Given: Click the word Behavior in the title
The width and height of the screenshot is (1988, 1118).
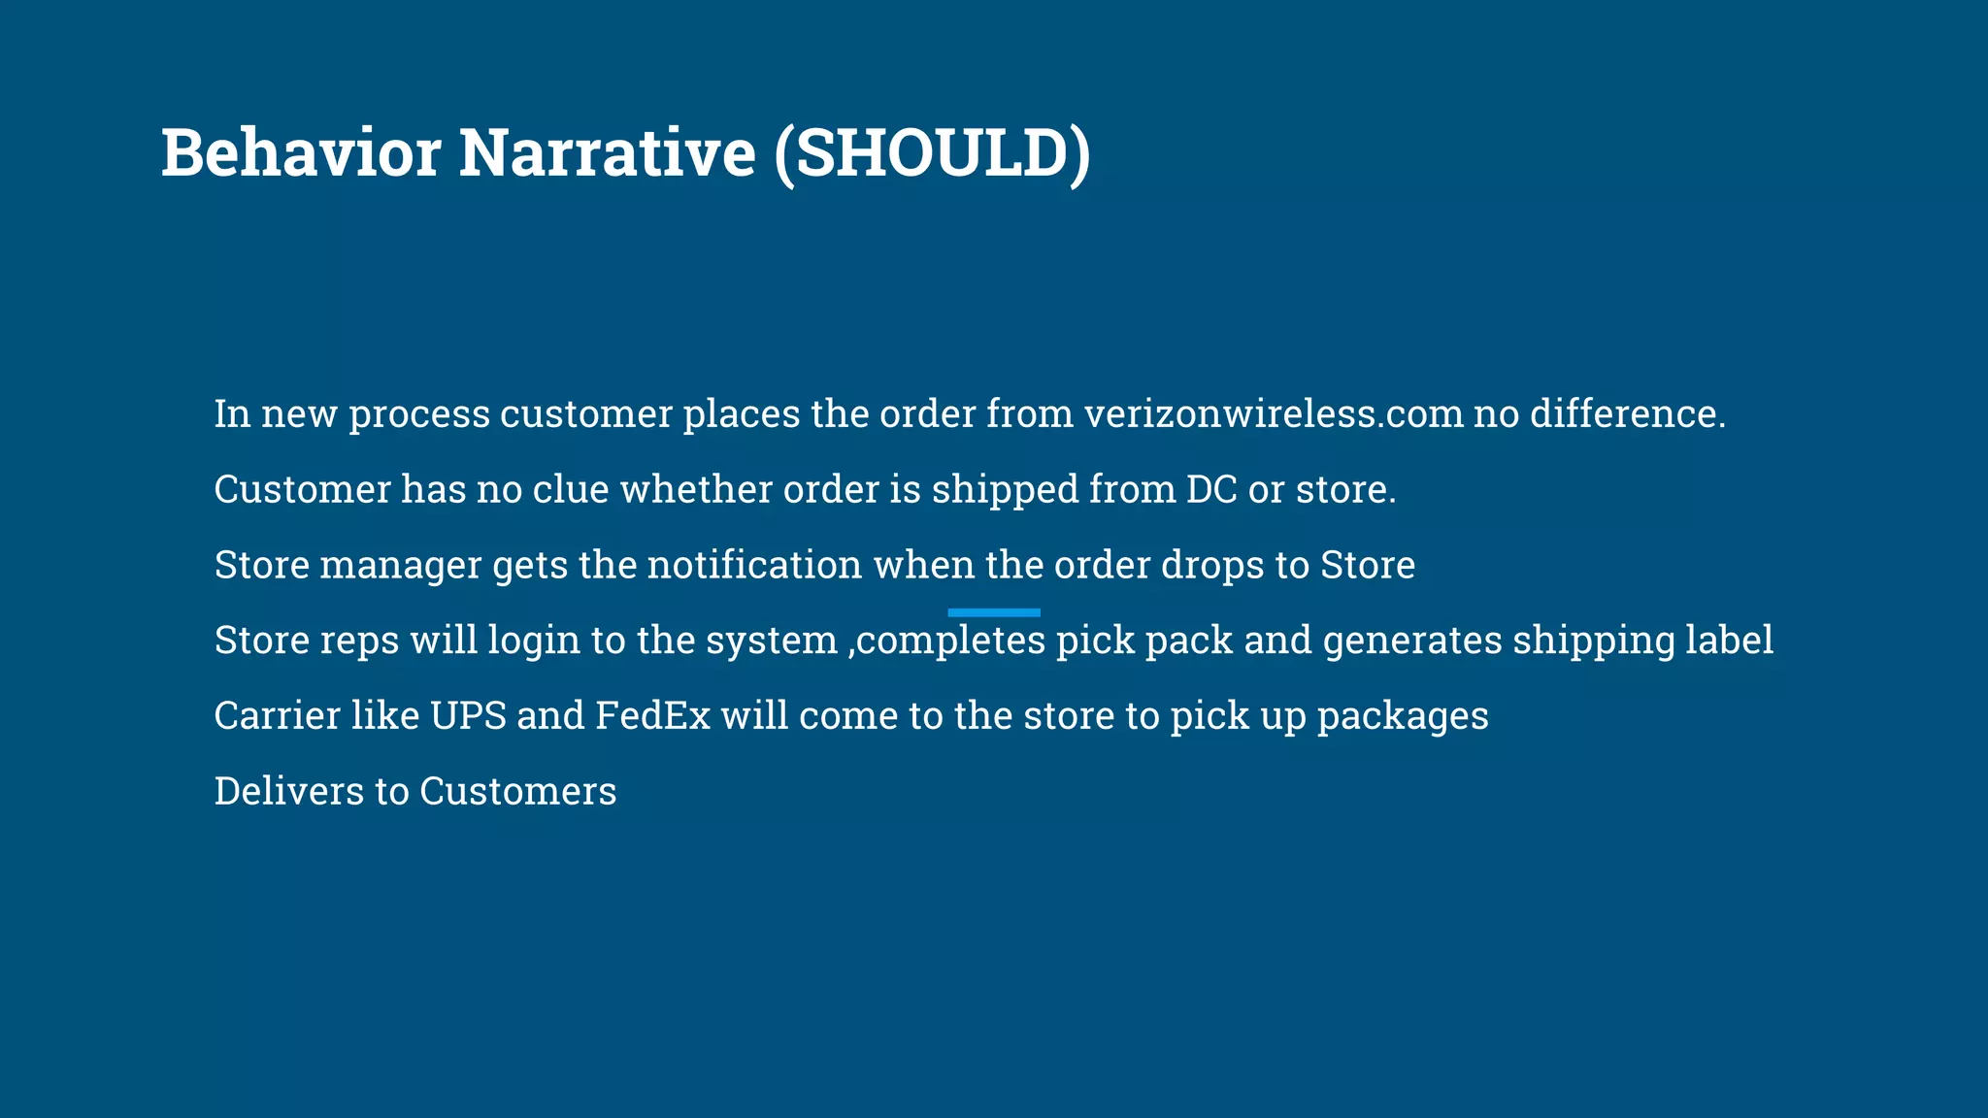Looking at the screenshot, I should [301, 153].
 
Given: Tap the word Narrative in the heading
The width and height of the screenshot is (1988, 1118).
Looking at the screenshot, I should [607, 153].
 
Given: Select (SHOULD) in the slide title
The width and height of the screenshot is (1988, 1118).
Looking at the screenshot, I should [933, 153].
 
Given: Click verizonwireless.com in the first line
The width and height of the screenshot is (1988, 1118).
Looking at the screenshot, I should [1273, 414].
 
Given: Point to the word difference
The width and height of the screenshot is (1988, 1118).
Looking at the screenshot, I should [1627, 414].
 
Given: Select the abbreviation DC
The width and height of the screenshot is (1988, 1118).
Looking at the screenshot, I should [1211, 489].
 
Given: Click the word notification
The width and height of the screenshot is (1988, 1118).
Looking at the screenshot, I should [754, 565].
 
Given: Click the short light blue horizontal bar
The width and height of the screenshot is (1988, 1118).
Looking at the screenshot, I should [993, 612].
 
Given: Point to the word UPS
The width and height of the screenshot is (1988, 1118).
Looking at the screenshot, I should [468, 716].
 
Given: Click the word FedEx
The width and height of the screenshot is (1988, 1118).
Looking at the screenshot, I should [652, 716].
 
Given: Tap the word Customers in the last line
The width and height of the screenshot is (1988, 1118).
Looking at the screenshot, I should [517, 791].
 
